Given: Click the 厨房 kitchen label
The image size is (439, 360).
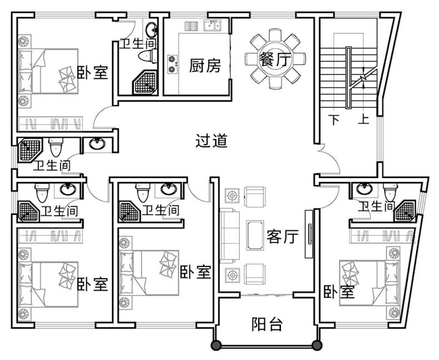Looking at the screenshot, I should (x=205, y=66).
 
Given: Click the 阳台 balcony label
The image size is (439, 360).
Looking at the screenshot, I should (x=267, y=324).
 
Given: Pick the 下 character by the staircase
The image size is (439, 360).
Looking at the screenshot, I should (x=334, y=119).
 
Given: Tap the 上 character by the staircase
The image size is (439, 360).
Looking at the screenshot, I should (x=364, y=119).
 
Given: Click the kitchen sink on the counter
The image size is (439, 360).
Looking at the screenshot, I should (x=212, y=24).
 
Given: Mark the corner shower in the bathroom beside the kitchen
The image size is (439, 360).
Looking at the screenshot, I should (x=145, y=82).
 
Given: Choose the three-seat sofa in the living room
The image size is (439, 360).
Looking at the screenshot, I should (x=228, y=234).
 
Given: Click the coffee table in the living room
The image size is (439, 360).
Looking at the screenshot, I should (x=257, y=234).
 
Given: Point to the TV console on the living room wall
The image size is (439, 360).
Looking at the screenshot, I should (x=308, y=234).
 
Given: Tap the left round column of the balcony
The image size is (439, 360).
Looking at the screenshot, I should (x=215, y=346).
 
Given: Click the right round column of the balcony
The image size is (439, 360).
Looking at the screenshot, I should (x=318, y=346).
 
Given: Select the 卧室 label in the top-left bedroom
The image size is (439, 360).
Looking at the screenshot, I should (x=92, y=72).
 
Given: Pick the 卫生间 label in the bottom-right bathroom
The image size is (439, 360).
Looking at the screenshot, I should (x=377, y=207).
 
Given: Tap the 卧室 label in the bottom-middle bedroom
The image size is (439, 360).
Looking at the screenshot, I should (x=196, y=272).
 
